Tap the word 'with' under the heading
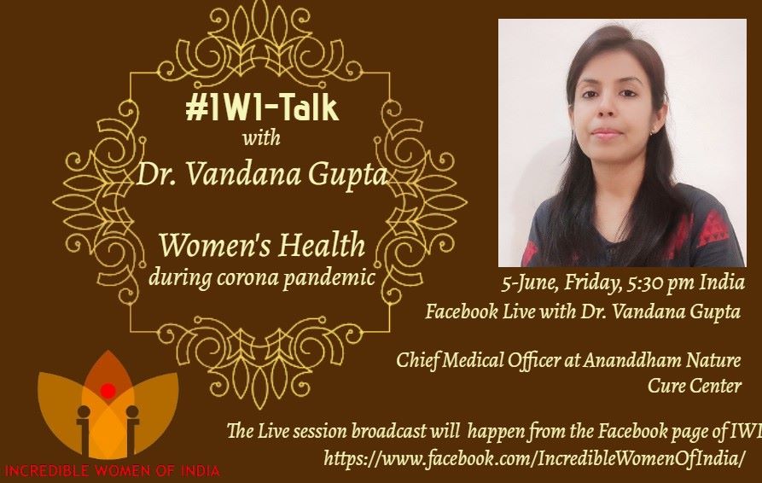point(261,137)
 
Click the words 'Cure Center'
point(695,386)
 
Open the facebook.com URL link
point(533,459)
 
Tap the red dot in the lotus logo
point(108,390)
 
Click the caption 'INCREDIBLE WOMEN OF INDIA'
point(112,470)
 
